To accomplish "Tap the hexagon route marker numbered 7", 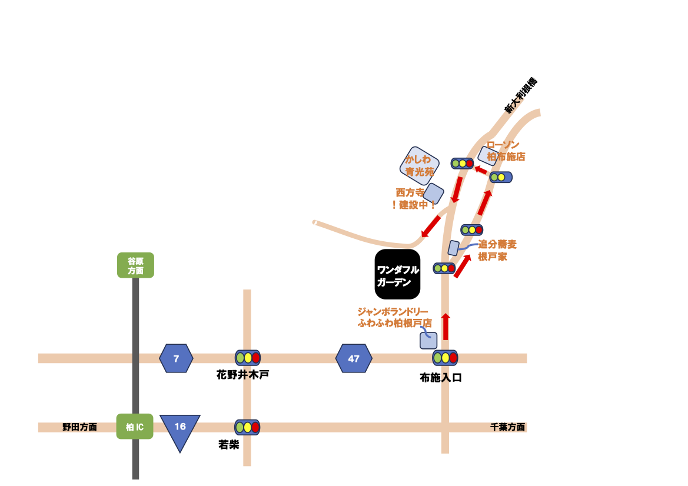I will tap(176, 358).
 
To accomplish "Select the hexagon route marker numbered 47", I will tap(354, 358).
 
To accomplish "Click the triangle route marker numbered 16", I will tap(180, 430).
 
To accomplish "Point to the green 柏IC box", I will tap(135, 427).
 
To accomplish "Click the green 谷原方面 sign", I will tap(135, 265).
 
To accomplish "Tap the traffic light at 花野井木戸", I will tap(247, 357).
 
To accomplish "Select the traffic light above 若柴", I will tap(247, 427).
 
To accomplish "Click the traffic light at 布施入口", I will tap(445, 357).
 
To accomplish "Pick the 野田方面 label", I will tap(79, 427).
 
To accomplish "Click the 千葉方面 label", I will tap(507, 428).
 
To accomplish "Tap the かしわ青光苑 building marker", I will tap(419, 164).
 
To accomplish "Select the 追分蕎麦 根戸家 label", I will tap(497, 250).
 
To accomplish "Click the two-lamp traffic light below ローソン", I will tap(500, 177).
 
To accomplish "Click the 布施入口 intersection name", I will tap(441, 378).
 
